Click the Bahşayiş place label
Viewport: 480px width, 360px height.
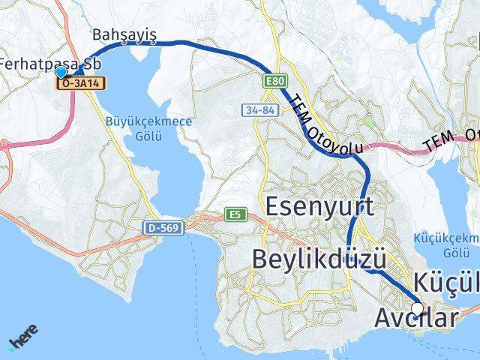point(124,35)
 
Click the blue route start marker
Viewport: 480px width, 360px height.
point(61,73)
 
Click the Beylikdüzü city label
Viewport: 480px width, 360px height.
point(319,260)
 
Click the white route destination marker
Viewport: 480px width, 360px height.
point(417,307)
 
